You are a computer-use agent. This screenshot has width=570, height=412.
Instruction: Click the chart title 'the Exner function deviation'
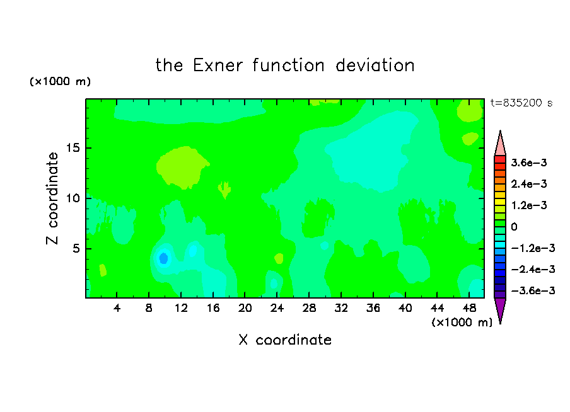(x=285, y=66)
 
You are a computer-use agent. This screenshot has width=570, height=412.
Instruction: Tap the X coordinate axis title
(x=285, y=340)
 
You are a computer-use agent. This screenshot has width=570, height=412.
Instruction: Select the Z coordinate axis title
(x=52, y=198)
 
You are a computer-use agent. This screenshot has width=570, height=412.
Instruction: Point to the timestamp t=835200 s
(x=521, y=103)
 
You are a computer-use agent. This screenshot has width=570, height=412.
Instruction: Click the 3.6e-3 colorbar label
(x=529, y=163)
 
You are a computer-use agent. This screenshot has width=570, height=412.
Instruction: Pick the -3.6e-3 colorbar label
(x=533, y=290)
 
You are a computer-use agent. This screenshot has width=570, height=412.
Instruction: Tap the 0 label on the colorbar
(x=514, y=227)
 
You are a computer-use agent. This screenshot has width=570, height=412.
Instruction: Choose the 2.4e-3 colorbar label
(x=529, y=184)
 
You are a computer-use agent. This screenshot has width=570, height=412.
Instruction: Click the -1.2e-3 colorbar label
(x=533, y=248)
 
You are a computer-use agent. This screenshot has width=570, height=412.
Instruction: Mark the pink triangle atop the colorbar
(x=500, y=145)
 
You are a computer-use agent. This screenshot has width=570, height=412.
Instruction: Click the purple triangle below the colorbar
(x=500, y=309)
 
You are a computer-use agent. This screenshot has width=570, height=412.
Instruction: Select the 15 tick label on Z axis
(x=73, y=148)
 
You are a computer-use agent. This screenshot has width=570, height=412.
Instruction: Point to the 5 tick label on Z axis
(x=76, y=248)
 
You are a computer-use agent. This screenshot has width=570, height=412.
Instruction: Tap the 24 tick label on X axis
(x=277, y=309)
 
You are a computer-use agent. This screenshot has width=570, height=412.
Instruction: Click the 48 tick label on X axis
(x=469, y=309)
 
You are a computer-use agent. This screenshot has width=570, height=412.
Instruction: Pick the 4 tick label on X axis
(x=117, y=309)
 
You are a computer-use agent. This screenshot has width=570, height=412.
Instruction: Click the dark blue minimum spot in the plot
(x=163, y=258)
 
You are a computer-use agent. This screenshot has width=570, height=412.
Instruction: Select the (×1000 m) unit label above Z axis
(x=60, y=81)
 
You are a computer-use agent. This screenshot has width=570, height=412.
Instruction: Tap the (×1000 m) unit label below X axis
(x=462, y=323)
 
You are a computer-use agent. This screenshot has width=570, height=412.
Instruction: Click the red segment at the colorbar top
(x=500, y=159)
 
